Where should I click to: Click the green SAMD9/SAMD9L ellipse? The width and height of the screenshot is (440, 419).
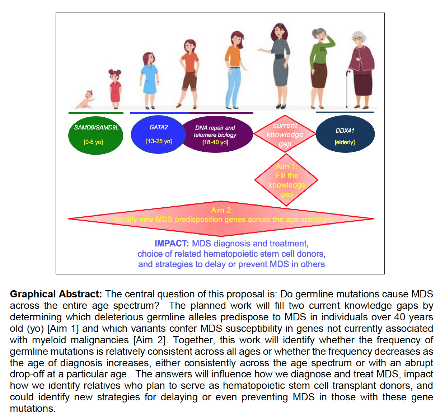click(x=95, y=135)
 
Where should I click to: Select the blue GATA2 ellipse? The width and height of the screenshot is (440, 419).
click(x=158, y=134)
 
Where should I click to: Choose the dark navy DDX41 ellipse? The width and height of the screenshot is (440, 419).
click(x=345, y=134)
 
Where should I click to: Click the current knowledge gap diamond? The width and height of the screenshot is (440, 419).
click(x=285, y=135)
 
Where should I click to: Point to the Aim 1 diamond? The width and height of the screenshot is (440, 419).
click(x=286, y=180)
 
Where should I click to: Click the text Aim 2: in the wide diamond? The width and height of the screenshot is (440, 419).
click(x=222, y=210)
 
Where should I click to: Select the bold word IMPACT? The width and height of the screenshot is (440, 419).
click(x=172, y=244)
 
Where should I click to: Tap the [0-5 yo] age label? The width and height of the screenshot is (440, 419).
click(x=93, y=142)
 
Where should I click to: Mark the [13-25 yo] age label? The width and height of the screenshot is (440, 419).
click(x=159, y=141)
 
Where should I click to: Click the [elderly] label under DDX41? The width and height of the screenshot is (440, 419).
click(x=345, y=142)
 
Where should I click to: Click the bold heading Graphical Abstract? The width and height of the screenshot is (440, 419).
click(x=56, y=294)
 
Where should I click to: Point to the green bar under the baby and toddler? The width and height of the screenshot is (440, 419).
click(x=96, y=113)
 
